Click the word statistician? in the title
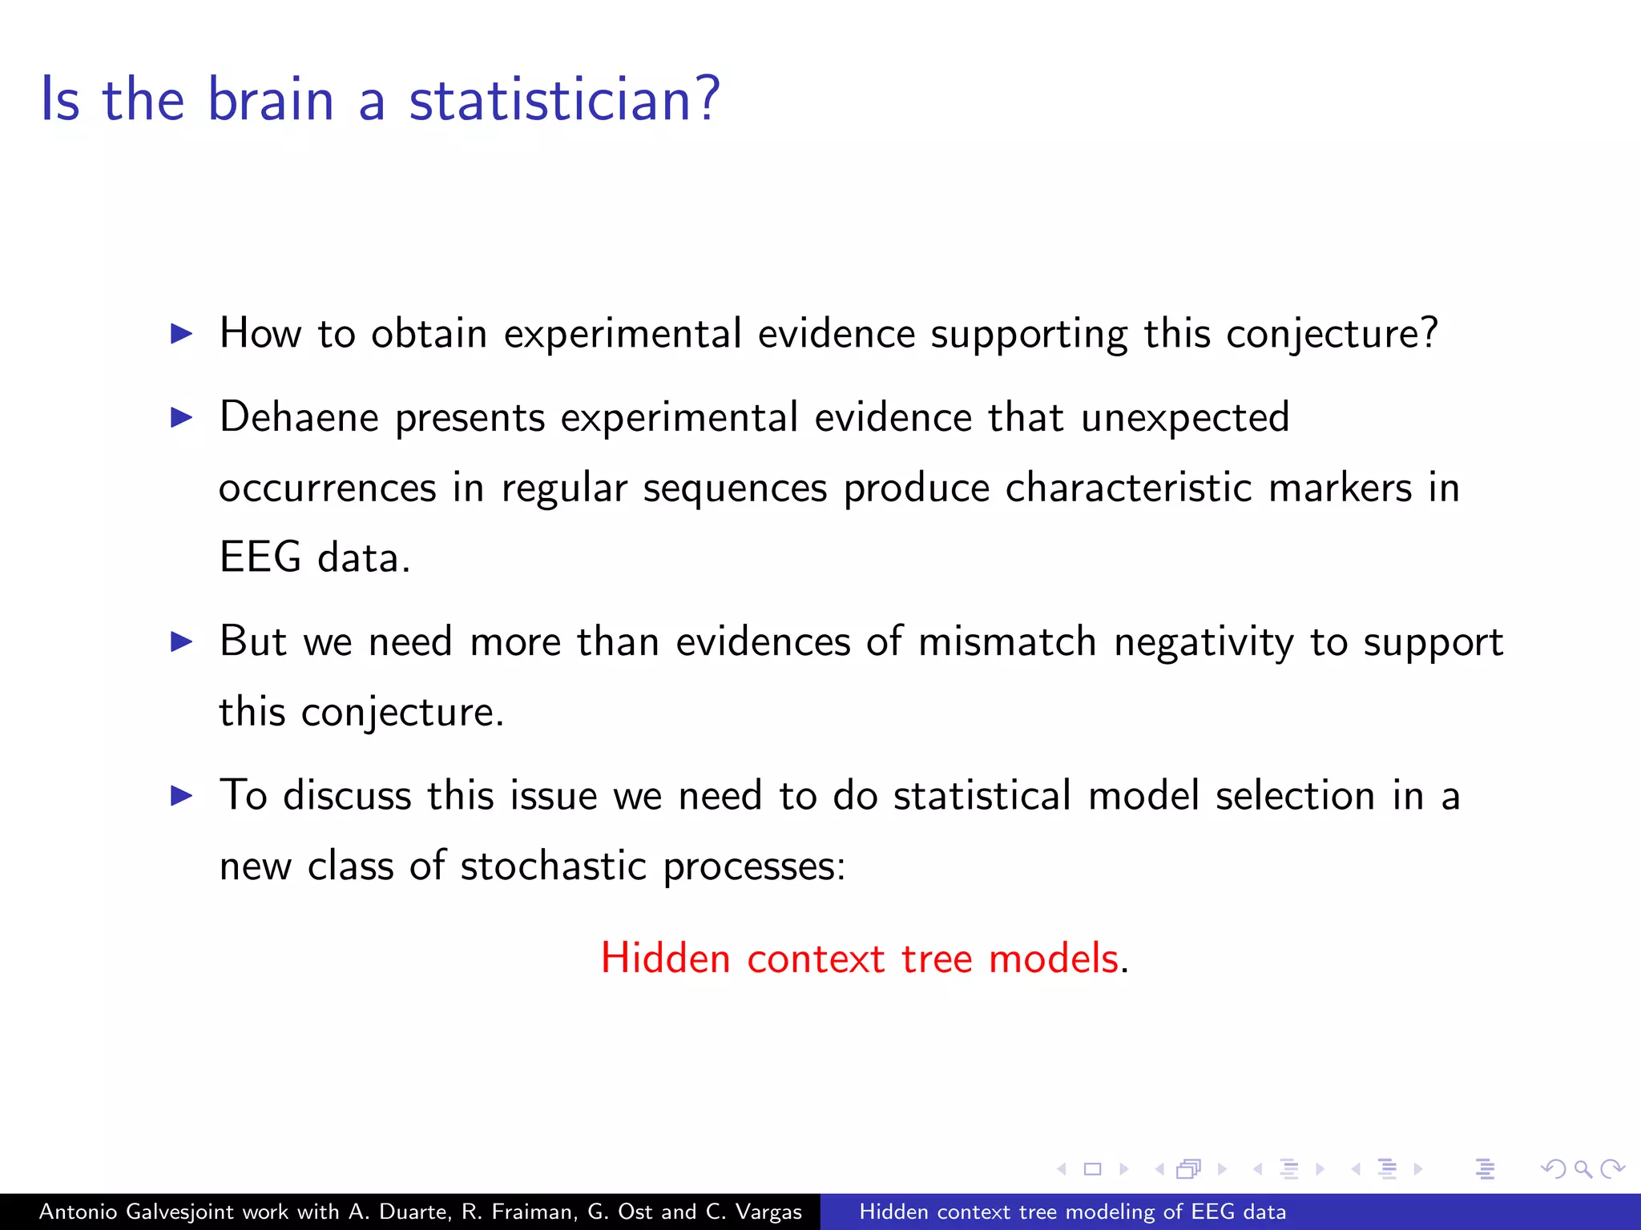pos(564,99)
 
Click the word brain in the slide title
pos(270,99)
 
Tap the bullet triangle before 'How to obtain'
pos(182,334)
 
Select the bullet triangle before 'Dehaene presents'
pos(182,417)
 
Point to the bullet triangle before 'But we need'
pos(182,641)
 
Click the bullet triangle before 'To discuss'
pos(182,795)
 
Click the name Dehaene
pos(299,417)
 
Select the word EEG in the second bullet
pos(260,557)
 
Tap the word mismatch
pos(1006,641)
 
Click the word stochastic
pos(553,866)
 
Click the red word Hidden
pos(665,959)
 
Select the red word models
pos(1053,959)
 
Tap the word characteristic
pos(1128,488)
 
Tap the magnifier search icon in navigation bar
pos(1583,1169)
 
